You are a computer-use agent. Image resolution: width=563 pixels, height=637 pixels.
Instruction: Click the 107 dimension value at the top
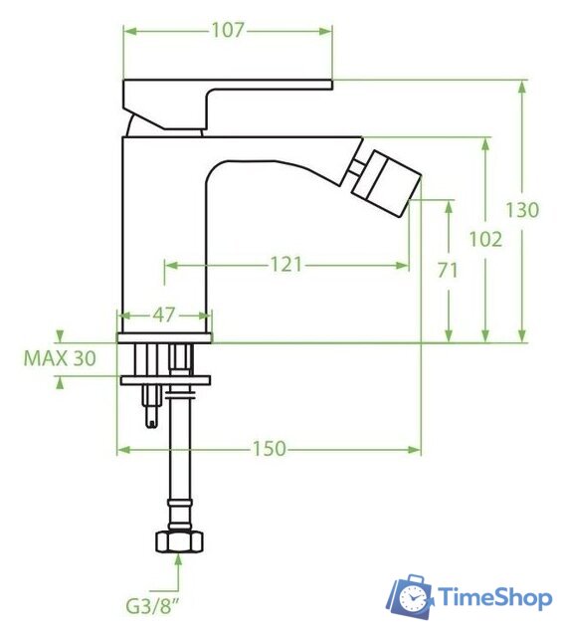pyautogui.click(x=228, y=30)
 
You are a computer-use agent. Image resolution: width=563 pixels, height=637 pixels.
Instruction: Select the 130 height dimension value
pyautogui.click(x=522, y=210)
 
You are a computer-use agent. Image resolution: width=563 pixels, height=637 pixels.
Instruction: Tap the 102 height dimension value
pyautogui.click(x=485, y=239)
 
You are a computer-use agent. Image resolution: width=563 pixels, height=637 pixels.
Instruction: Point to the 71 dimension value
pyautogui.click(x=449, y=270)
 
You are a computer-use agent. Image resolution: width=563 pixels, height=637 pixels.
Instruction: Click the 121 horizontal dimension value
pyautogui.click(x=286, y=265)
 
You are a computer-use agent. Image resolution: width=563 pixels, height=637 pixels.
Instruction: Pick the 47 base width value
pyautogui.click(x=164, y=316)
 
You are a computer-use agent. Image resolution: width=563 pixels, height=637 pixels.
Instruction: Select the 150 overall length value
pyautogui.click(x=269, y=450)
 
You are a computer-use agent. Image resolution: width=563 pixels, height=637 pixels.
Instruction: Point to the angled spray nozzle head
pyautogui.click(x=389, y=181)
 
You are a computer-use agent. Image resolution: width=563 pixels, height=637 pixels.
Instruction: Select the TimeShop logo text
pyautogui.click(x=494, y=598)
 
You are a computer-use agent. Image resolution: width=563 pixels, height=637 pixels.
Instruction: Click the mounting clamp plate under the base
pyautogui.click(x=165, y=379)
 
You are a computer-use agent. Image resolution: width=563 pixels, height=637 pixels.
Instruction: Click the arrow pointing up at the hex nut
pyautogui.click(x=179, y=564)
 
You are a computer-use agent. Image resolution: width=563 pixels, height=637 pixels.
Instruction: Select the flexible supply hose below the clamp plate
pyautogui.click(x=179, y=458)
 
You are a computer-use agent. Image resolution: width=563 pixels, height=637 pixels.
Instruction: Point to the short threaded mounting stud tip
pyautogui.click(x=151, y=418)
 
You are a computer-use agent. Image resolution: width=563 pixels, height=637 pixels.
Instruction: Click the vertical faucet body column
pyautogui.click(x=164, y=229)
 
